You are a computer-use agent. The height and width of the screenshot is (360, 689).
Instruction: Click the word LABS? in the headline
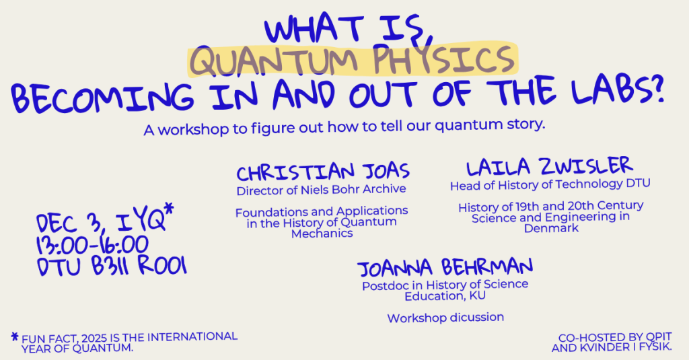click(x=618, y=89)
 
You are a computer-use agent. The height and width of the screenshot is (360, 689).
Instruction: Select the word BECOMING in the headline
click(x=102, y=97)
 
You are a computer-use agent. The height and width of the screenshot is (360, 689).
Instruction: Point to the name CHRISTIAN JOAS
click(x=323, y=172)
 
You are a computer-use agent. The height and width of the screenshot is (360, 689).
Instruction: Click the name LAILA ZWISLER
click(x=549, y=167)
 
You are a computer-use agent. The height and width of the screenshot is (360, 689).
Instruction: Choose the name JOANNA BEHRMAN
click(x=445, y=267)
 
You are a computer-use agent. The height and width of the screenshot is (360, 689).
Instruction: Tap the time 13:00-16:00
click(x=92, y=245)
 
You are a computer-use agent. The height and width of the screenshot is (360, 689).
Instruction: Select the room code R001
click(x=162, y=266)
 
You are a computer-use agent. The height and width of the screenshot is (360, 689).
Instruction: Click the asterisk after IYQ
click(x=168, y=208)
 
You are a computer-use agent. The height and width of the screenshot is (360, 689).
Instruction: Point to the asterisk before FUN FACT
click(x=15, y=337)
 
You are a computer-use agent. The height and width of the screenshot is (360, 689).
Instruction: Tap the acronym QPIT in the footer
click(x=659, y=338)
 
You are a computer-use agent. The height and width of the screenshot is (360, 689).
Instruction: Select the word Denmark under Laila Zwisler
click(x=551, y=228)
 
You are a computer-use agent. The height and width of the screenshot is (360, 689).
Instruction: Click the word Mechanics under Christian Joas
click(x=322, y=233)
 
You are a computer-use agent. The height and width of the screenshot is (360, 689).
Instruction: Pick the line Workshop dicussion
click(x=445, y=318)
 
